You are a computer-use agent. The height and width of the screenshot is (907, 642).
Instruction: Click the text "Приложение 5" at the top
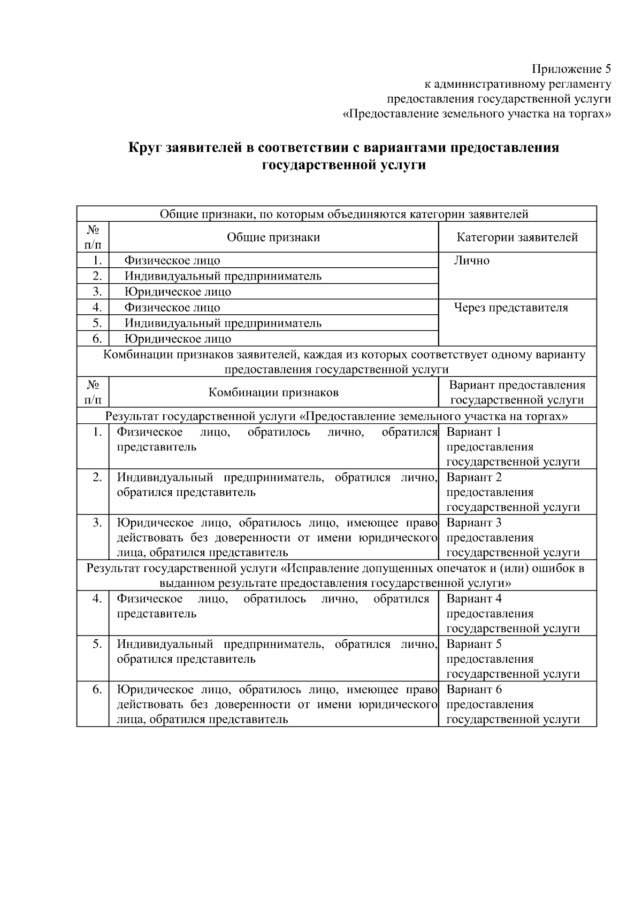(571, 69)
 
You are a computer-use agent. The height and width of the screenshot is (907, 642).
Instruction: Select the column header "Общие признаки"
(273, 237)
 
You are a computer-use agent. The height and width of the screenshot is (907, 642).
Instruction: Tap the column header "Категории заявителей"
(517, 237)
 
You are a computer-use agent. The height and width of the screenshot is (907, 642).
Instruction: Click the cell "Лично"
(472, 261)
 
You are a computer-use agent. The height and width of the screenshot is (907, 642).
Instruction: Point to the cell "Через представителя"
(511, 308)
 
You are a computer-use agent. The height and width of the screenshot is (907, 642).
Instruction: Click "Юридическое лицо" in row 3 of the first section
(178, 292)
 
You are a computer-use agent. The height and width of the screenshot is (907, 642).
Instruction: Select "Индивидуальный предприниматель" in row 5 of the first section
(223, 323)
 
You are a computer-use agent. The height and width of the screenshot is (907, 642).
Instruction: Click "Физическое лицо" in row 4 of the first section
(172, 308)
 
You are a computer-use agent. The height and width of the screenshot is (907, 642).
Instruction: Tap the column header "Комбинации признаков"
(273, 393)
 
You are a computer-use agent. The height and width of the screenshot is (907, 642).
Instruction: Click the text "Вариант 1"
(474, 432)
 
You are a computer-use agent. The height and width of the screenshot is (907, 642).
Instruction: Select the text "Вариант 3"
(474, 523)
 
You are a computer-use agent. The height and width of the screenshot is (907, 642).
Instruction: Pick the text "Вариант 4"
(474, 599)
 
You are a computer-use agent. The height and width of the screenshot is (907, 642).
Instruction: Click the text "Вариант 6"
(474, 689)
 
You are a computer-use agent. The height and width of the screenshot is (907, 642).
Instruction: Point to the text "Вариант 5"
(474, 644)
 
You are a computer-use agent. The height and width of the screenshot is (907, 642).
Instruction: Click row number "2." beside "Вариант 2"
(97, 477)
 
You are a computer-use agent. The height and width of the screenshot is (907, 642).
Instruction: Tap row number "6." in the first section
(97, 339)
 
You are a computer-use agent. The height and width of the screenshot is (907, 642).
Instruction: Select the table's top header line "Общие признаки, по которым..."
(344, 214)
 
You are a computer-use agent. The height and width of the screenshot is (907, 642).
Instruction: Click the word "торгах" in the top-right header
(588, 114)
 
